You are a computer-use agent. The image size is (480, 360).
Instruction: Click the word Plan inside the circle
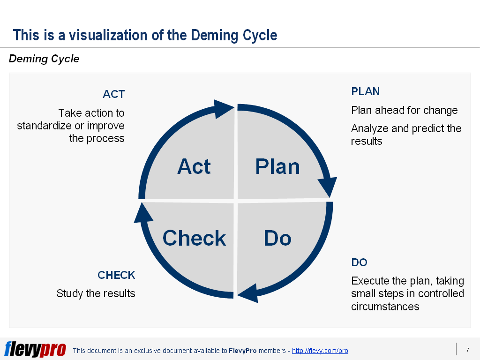(277, 167)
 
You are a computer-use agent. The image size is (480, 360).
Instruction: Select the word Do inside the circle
(277, 238)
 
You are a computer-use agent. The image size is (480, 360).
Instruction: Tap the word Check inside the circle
(194, 238)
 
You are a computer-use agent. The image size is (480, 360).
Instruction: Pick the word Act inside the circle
(194, 167)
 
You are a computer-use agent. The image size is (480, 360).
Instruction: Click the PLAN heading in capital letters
(365, 91)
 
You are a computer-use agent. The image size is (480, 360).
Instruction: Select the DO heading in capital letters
(359, 262)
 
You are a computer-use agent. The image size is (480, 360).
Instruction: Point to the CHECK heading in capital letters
(116, 275)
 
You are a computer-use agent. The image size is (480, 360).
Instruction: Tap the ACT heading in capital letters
(113, 94)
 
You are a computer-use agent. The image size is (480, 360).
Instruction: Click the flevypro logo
(35, 349)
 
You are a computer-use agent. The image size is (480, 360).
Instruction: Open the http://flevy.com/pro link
(320, 351)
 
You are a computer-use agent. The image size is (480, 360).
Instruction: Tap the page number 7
(467, 350)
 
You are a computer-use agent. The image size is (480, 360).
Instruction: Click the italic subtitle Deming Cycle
(44, 59)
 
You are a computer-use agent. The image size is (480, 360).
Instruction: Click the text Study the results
(96, 293)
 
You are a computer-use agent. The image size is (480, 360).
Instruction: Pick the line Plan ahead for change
(404, 110)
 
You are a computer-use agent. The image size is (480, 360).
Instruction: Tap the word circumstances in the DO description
(385, 307)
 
